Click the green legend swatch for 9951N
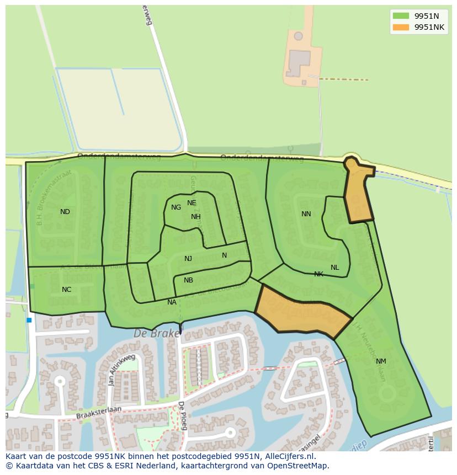(x=401, y=16)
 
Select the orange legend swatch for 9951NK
(x=401, y=27)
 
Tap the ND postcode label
(x=65, y=212)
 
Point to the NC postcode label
(x=66, y=290)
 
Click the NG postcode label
(x=176, y=207)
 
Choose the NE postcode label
(x=192, y=203)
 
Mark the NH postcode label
(x=196, y=217)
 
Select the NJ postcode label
(x=188, y=259)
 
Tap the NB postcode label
(x=188, y=280)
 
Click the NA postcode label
(x=172, y=302)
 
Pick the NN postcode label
(x=306, y=214)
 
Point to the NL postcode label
(x=335, y=268)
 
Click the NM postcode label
(x=381, y=361)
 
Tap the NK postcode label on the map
(x=318, y=274)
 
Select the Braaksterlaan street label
(x=99, y=410)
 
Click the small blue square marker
(x=29, y=320)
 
